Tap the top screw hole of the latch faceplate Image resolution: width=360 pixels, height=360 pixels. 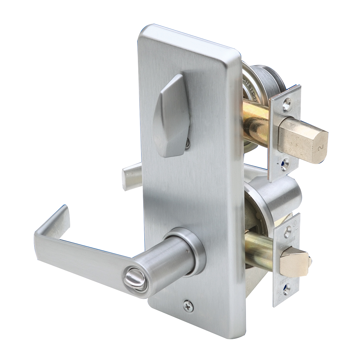click(287, 232)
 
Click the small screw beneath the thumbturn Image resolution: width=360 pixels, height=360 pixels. click(187, 144)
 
